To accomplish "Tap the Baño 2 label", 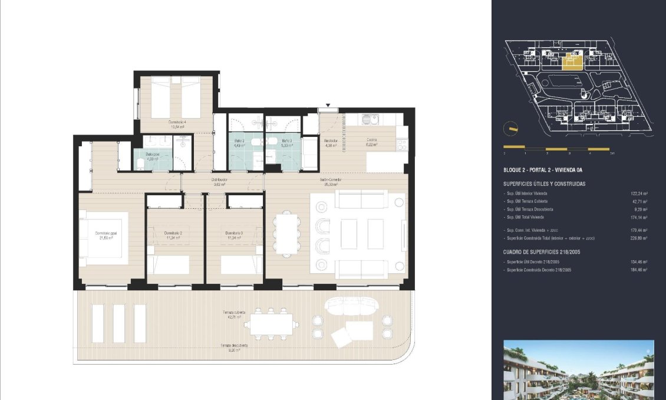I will [x=239, y=142].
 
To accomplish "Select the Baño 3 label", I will [x=286, y=142].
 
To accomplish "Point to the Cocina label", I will [x=371, y=140].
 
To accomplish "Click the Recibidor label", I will [x=330, y=141].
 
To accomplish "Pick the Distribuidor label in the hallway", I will [x=220, y=180].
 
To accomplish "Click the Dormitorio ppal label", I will [x=106, y=234].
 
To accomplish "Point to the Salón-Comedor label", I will [x=331, y=180].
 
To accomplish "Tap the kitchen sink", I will [x=370, y=119].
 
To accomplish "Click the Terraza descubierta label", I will [x=234, y=346].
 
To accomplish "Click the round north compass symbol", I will [x=511, y=129].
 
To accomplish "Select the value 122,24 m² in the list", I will [x=639, y=194].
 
